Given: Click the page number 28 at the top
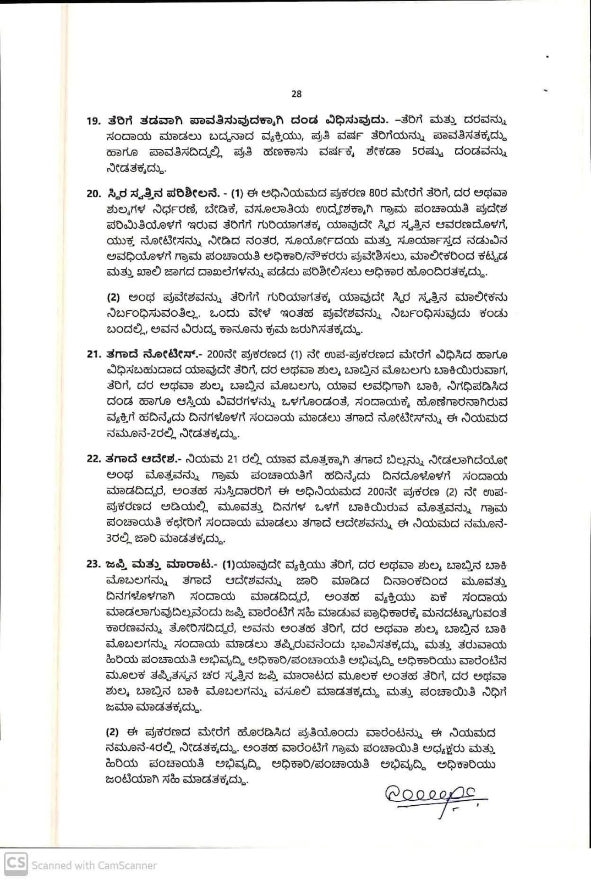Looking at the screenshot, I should tap(296, 94).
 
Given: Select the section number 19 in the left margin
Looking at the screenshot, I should tap(94, 121).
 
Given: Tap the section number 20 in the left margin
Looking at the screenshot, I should tap(94, 193).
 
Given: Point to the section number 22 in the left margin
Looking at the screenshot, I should tap(94, 459).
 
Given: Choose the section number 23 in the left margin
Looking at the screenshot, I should tap(94, 564).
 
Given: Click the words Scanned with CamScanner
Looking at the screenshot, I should tap(94, 865).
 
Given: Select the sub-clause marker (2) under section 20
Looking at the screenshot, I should tap(113, 298).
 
